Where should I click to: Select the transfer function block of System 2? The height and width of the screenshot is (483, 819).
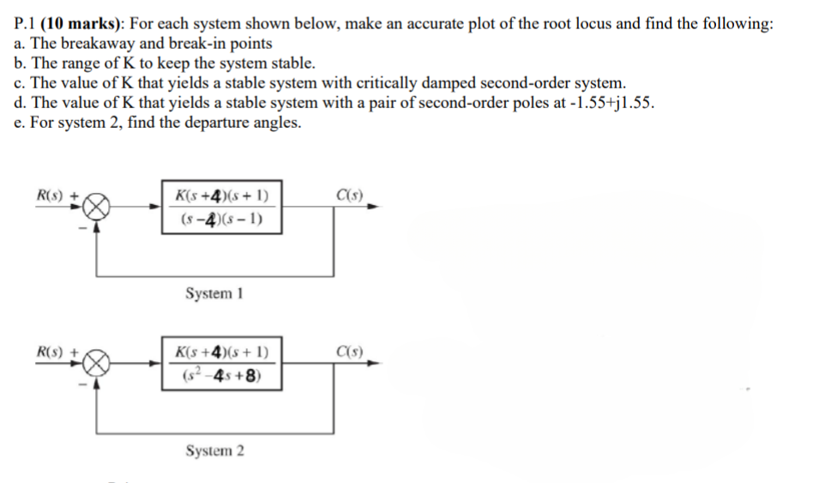222,364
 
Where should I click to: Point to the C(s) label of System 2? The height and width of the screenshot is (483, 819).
349,351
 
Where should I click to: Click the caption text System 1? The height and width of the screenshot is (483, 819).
214,293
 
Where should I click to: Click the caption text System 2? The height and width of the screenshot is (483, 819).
214,450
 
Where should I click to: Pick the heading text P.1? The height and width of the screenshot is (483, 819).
23,24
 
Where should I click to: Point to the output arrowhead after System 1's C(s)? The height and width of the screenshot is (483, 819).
373,207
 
